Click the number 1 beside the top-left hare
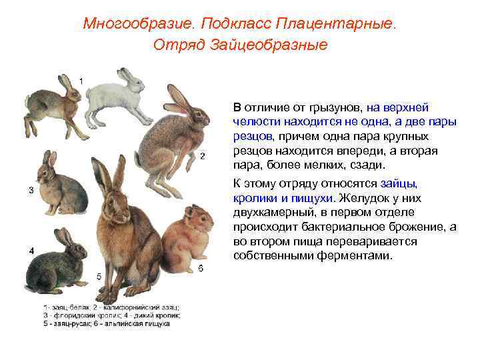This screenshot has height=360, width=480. coord(81,81)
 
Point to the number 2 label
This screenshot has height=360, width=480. coord(202,157)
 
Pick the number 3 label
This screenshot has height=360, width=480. coord(31,190)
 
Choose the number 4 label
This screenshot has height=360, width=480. coord(31,250)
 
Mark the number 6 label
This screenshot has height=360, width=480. coord(201,269)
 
